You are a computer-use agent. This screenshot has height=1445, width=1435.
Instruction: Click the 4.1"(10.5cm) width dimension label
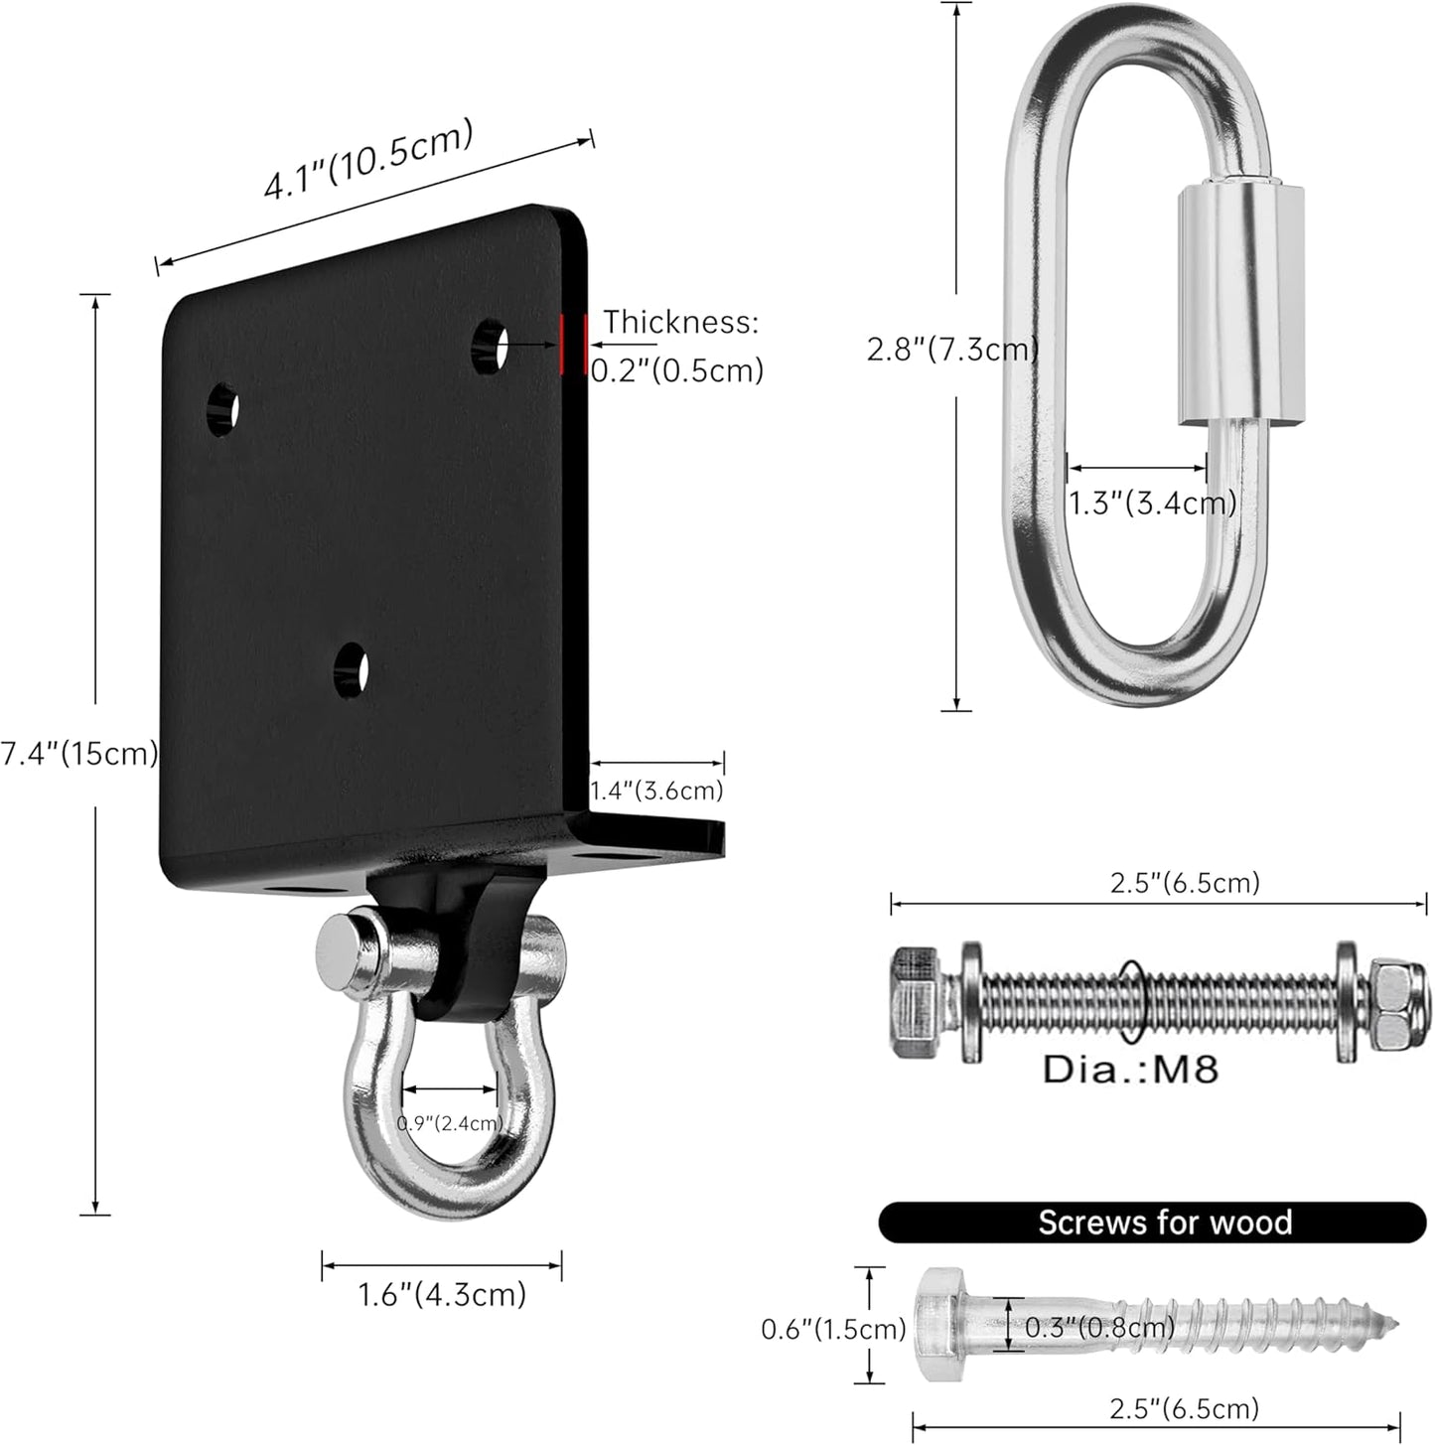coord(367,160)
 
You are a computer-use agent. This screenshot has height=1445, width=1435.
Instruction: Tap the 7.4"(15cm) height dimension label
coord(79,754)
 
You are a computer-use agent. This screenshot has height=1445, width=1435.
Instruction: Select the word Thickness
coord(680,322)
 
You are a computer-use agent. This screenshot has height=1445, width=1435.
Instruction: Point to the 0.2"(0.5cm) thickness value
coord(677,370)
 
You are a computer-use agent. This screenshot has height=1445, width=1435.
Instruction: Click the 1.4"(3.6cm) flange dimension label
coord(656,791)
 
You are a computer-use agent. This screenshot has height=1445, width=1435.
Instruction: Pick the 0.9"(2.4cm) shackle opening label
coord(450,1123)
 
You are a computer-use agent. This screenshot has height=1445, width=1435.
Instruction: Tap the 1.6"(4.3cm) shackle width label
coord(442,1295)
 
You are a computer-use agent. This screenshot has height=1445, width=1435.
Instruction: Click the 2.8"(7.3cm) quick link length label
coord(952,349)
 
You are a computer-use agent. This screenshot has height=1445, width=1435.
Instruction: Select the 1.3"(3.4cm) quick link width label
coord(1152,503)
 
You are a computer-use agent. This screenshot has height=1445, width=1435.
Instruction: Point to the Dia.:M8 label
coord(1130,1070)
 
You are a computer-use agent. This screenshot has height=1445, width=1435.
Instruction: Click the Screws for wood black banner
coord(1152,1222)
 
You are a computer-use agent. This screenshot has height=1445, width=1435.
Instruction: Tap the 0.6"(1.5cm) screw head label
coord(833,1328)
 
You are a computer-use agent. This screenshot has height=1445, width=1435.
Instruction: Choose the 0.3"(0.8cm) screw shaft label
coord(1098,1326)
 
